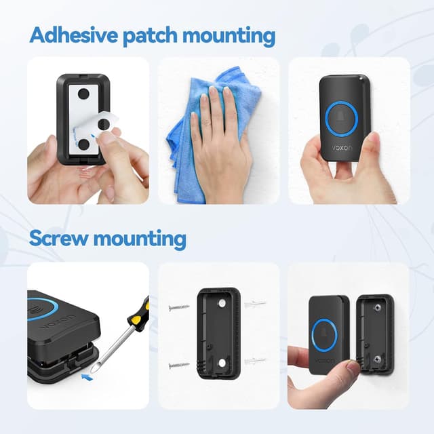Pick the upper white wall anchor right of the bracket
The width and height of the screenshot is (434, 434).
pyautogui.click(x=255, y=303)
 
